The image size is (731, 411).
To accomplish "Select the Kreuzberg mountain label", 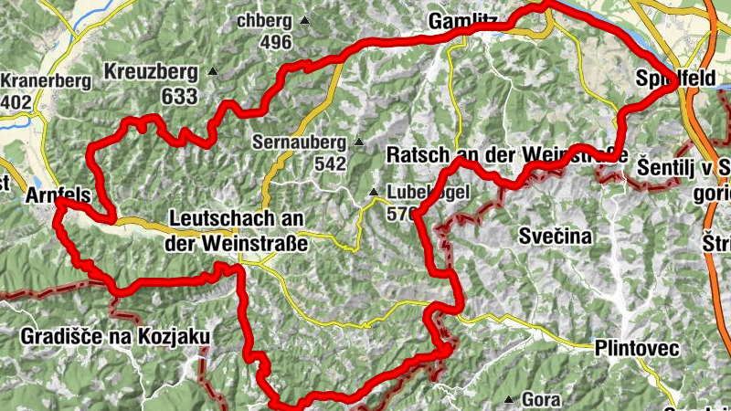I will [151, 71].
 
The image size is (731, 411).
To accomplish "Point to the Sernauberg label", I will [302, 142].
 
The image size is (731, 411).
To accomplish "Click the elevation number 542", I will [329, 164].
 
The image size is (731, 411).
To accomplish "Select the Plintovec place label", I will [636, 348].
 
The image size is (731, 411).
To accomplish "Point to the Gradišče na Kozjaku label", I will [112, 337].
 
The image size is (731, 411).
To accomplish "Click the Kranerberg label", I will [46, 81].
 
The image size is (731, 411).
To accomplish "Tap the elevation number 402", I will [16, 103].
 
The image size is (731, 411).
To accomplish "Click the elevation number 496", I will [275, 42].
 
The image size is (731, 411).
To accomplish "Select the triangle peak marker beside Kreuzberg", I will [213, 71].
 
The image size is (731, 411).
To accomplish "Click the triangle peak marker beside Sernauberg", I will [359, 142].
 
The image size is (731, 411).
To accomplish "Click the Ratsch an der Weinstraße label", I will [507, 153].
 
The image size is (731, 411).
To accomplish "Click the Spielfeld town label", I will [675, 79].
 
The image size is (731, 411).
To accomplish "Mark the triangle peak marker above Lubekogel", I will [373, 192].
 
